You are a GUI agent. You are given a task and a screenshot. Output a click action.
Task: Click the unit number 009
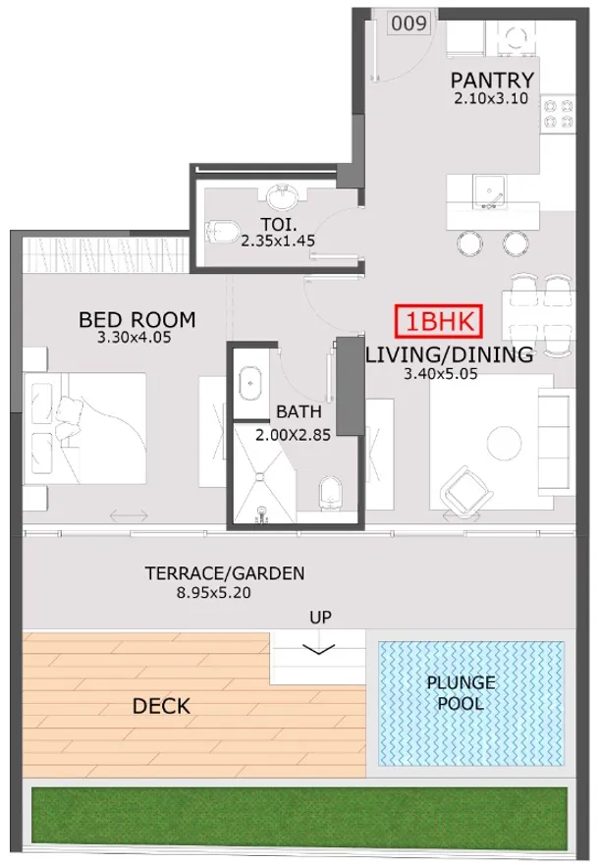point(409,24)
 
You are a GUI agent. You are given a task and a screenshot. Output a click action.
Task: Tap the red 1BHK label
point(439,321)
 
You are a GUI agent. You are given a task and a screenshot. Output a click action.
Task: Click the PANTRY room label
point(492,81)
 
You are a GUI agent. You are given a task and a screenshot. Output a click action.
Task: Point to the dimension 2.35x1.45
point(278,241)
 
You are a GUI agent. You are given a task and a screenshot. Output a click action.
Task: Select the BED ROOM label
point(137,320)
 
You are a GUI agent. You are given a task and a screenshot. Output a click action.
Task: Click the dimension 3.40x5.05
point(440,374)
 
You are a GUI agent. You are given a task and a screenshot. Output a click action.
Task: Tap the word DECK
point(161,706)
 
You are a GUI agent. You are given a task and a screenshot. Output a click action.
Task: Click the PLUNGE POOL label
point(461,693)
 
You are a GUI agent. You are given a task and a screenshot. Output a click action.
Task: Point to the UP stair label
point(320,618)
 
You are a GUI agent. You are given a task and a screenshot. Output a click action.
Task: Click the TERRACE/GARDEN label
point(225,573)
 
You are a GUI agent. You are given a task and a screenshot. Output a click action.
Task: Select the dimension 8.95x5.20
point(213,593)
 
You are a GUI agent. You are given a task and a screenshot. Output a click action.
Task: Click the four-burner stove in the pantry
point(558,114)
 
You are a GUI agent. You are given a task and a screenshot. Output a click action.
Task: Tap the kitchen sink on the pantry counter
point(490,192)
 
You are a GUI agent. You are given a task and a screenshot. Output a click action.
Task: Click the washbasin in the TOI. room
point(283,196)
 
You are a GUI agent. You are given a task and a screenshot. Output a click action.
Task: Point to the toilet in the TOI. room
point(222,231)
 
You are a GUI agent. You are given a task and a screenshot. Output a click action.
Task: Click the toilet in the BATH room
point(330,493)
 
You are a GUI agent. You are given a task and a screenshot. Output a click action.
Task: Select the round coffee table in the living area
point(504,443)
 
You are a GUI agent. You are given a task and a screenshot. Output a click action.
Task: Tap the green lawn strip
point(299,818)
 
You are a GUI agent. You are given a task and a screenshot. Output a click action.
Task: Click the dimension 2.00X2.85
point(293,435)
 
